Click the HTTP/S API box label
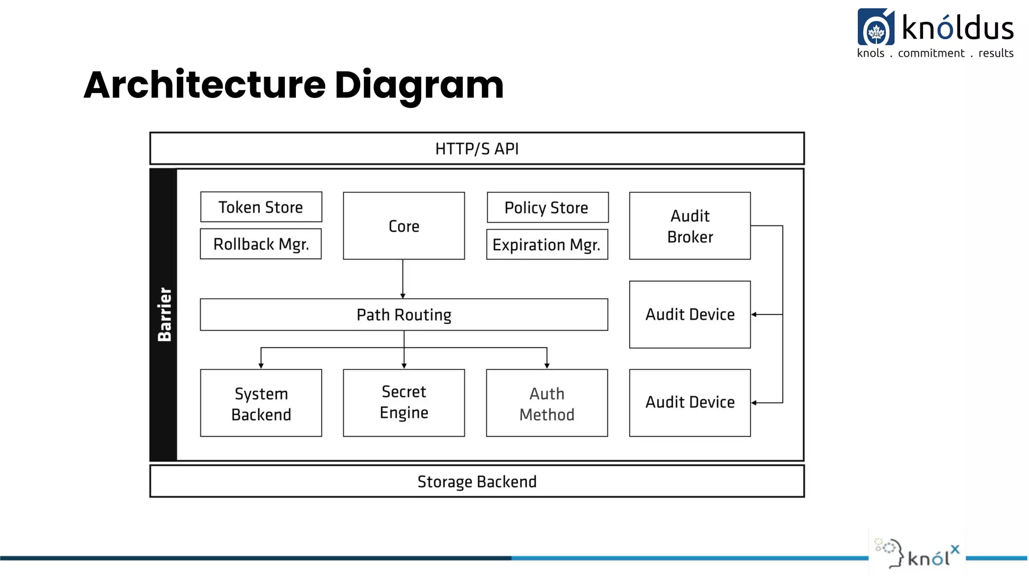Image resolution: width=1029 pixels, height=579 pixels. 477,149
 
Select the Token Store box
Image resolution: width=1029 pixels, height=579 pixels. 261,207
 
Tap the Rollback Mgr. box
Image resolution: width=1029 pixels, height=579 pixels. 261,244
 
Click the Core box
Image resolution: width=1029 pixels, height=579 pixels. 403,226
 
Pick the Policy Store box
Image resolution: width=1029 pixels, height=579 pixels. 547,208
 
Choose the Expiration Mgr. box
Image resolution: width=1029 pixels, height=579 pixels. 547,245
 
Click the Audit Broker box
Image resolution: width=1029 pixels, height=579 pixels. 690,226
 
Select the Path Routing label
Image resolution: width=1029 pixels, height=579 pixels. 403,315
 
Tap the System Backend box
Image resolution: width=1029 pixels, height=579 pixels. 261,404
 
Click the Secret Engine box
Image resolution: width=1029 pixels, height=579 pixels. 403,403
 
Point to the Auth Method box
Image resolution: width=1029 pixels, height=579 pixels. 547,404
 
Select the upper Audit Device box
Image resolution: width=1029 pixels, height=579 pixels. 690,315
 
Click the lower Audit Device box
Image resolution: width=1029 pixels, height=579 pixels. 690,403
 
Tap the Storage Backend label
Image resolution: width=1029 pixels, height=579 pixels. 477,481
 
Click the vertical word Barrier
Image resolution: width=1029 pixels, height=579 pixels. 164,315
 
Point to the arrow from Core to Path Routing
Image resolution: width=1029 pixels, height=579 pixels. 402,279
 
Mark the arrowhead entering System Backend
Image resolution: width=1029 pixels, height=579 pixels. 261,365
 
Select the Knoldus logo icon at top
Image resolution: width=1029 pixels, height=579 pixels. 876,28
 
